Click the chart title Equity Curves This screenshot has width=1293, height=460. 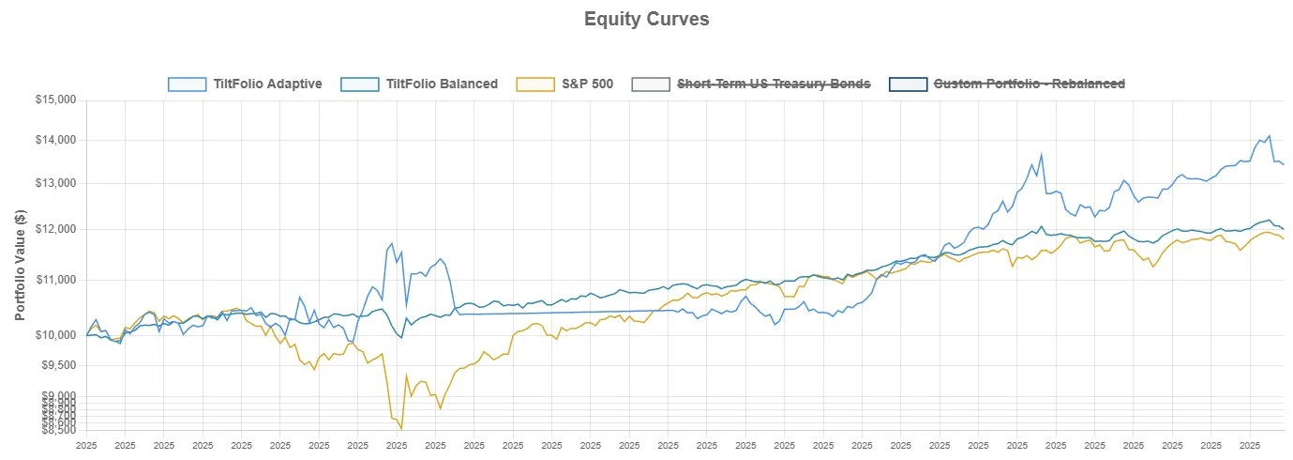pos(646,19)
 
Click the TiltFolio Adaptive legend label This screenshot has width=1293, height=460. pos(267,84)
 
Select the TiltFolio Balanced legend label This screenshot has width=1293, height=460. pos(442,84)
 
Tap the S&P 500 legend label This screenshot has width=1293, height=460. pos(587,84)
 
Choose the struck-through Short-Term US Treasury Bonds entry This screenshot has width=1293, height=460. pos(774,84)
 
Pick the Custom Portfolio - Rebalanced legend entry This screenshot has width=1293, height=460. pos(1030,84)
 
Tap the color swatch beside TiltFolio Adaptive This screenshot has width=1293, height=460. pos(187,84)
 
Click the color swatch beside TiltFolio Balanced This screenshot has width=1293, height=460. pos(360,84)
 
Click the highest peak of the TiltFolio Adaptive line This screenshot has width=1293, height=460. pos(1269,136)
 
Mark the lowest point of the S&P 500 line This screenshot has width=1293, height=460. pos(401,429)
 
